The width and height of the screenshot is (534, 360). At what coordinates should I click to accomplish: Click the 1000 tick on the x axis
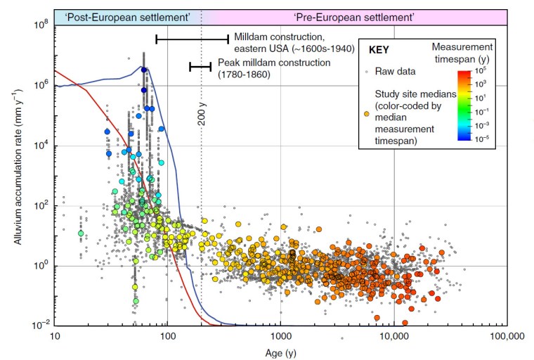(x=280, y=336)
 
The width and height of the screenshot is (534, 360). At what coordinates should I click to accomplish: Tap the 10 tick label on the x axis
(x=54, y=336)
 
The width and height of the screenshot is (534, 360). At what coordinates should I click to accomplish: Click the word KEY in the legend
(x=380, y=50)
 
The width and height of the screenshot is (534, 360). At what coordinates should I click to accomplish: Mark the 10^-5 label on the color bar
(x=484, y=139)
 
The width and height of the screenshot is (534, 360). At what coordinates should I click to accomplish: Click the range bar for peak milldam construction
(x=200, y=67)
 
